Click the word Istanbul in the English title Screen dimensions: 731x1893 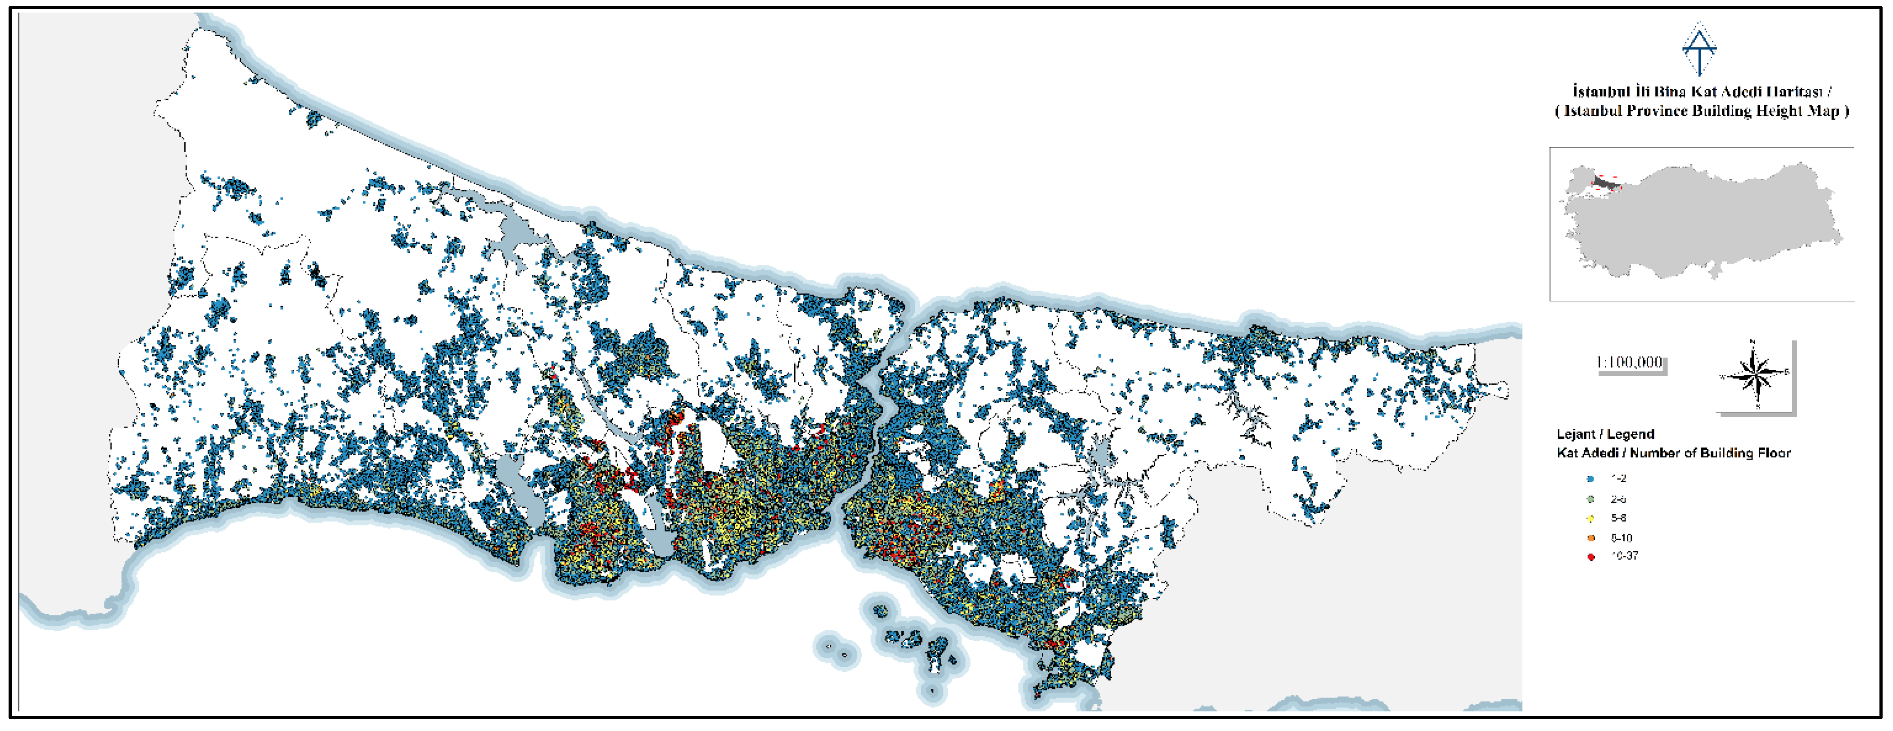1593,111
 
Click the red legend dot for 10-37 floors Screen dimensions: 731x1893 1591,557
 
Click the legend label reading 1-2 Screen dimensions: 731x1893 1619,478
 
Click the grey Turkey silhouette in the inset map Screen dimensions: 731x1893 1705,220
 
